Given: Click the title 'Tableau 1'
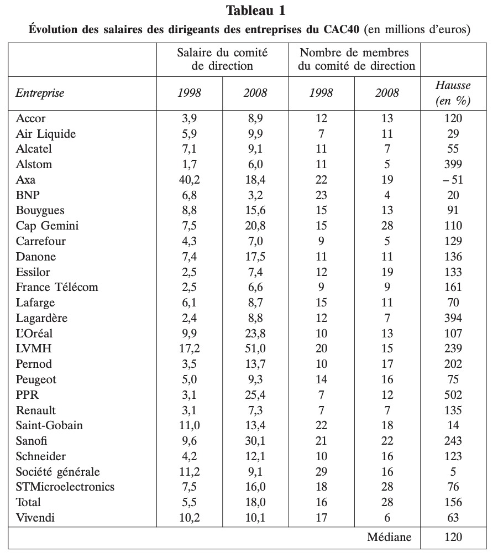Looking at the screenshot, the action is click(x=255, y=11).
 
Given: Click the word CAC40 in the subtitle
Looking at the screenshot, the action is click(x=342, y=29).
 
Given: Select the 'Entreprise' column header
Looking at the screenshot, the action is click(x=40, y=93).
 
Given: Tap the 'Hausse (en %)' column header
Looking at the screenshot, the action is click(x=453, y=93).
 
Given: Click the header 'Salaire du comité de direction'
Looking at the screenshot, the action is click(x=222, y=59).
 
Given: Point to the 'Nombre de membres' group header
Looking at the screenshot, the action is click(x=354, y=53).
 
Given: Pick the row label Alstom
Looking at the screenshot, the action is click(x=34, y=164).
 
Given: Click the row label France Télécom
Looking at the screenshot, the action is click(x=57, y=287).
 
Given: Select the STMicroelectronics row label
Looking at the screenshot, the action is click(x=65, y=487).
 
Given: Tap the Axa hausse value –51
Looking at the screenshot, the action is click(x=453, y=180).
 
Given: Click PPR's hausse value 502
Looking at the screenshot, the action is click(x=453, y=395).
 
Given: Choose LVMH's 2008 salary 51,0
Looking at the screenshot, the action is click(x=255, y=348).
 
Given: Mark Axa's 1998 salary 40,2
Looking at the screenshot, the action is click(x=189, y=180).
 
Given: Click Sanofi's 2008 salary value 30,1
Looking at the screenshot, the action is click(x=255, y=441).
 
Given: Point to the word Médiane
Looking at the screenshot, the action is click(x=389, y=537).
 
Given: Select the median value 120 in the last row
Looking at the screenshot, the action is click(x=453, y=537).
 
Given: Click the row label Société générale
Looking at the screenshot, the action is click(x=57, y=472).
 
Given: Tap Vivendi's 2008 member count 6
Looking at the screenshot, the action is click(x=387, y=518).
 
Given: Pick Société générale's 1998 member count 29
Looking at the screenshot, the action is click(x=321, y=472).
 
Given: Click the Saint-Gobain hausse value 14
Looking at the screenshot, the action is click(x=453, y=425).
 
